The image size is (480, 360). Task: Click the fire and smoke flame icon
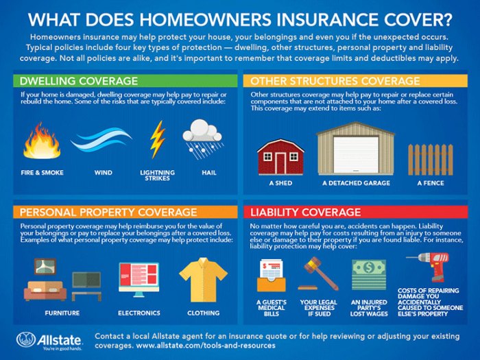click(x=41, y=141)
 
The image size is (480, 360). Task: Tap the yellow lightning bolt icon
click(x=158, y=139)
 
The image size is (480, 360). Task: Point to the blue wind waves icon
click(x=101, y=141)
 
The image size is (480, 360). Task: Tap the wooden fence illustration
click(x=430, y=159)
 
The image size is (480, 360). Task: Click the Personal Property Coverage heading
click(x=108, y=212)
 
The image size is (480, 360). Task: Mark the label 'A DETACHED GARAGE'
click(x=356, y=183)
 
